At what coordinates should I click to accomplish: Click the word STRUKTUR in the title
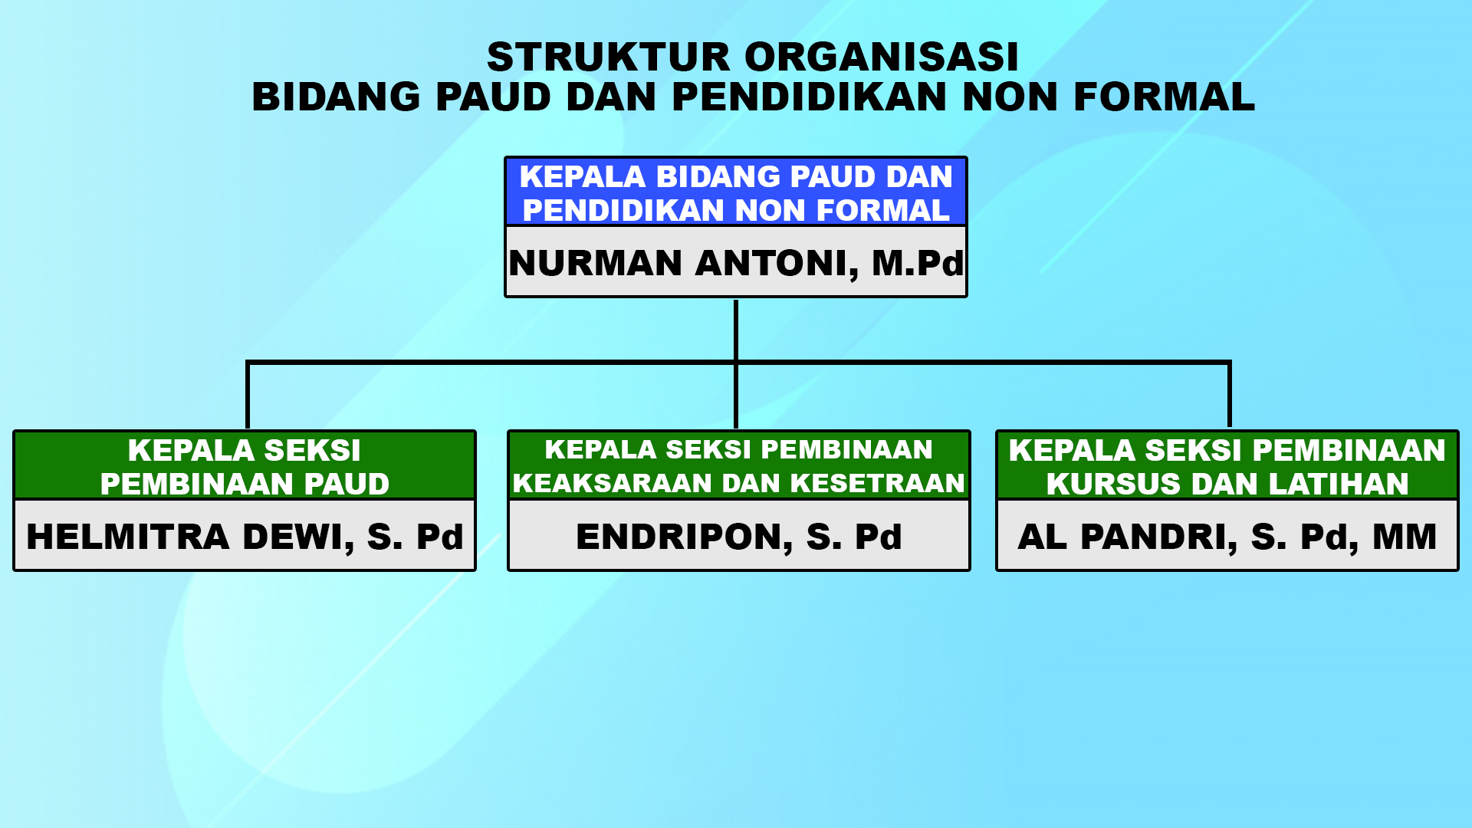(609, 57)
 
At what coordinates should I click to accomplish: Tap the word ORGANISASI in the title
(882, 57)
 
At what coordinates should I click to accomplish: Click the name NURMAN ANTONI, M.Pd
(736, 263)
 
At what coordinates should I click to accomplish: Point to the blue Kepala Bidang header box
(736, 192)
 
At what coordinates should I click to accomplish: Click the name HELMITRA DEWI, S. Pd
(245, 537)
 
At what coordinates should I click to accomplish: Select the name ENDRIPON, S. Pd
(738, 537)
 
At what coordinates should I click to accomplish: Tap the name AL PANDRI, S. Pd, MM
(1227, 537)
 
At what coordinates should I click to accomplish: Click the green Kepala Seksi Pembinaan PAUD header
(245, 466)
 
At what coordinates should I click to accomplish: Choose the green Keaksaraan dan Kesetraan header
(738, 466)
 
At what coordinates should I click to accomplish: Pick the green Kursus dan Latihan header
(1227, 466)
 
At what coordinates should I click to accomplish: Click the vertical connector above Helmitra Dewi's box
(248, 394)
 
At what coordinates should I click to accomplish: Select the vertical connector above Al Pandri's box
(1230, 394)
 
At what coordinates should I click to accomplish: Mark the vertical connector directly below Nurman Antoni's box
(736, 330)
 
